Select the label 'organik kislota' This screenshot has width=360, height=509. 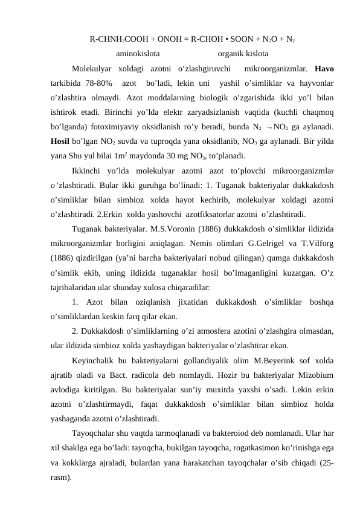243,53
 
